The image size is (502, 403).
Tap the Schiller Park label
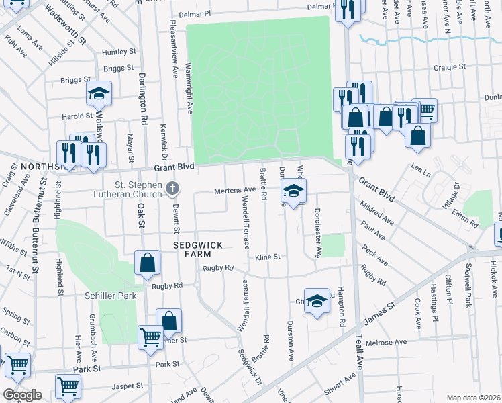111,296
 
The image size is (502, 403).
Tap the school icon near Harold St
99,95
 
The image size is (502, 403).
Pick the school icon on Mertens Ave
293,190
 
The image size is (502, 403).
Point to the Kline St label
266,257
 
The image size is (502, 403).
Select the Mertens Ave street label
235,191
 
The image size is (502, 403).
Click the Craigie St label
450,67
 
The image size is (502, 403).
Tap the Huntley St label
119,52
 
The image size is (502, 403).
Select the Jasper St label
128,386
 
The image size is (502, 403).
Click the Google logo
22,395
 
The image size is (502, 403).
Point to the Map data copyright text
473,398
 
